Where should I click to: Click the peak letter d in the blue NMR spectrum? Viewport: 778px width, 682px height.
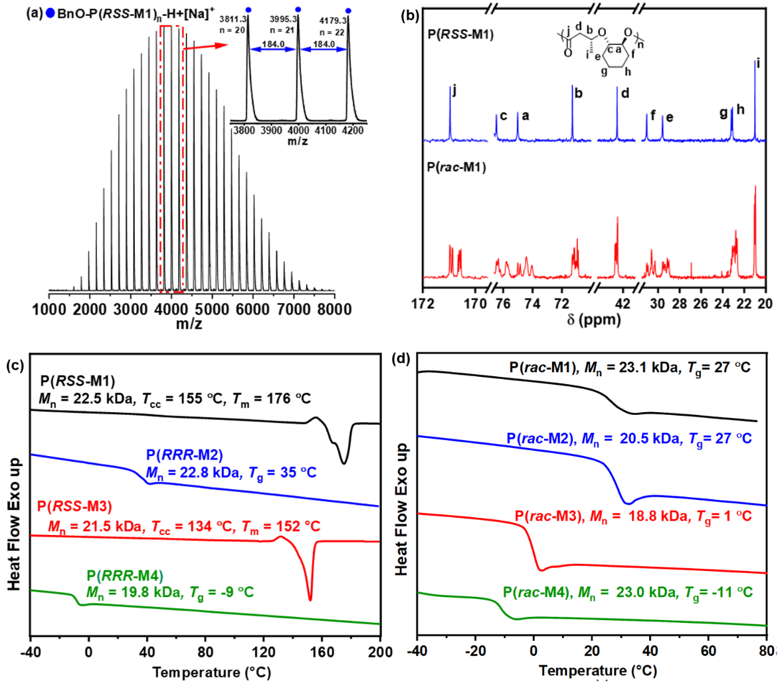point(625,93)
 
